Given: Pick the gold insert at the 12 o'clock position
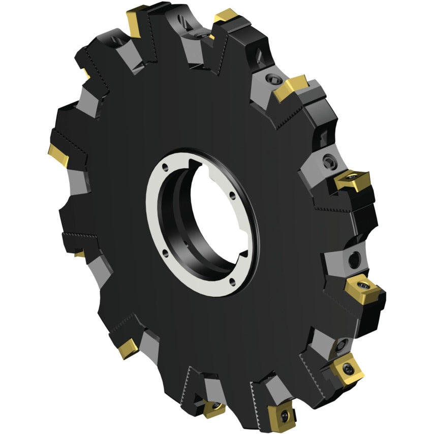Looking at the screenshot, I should click(225, 17).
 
